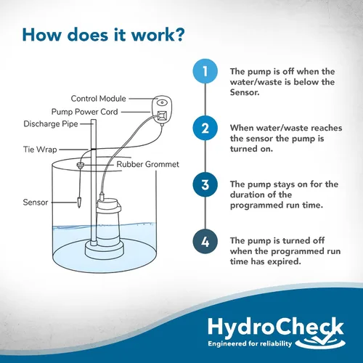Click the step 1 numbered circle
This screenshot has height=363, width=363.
click(205, 71)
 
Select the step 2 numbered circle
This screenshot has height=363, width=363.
click(205, 128)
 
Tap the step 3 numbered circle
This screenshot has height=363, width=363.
click(205, 184)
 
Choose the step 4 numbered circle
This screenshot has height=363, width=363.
click(205, 241)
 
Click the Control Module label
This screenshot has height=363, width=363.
click(98, 99)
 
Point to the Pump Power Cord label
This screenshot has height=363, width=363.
click(84, 112)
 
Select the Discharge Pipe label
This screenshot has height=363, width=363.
click(51, 124)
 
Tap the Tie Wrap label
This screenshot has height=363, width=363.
click(40, 150)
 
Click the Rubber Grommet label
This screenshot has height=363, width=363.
click(147, 164)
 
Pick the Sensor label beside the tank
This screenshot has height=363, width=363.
click(36, 202)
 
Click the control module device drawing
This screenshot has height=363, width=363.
click(162, 110)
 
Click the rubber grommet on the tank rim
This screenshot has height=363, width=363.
click(80, 166)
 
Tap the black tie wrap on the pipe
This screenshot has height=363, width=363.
click(94, 149)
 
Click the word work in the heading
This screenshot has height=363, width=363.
click(155, 35)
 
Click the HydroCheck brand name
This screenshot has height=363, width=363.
click(276, 327)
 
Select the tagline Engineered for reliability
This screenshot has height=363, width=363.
click(250, 343)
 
